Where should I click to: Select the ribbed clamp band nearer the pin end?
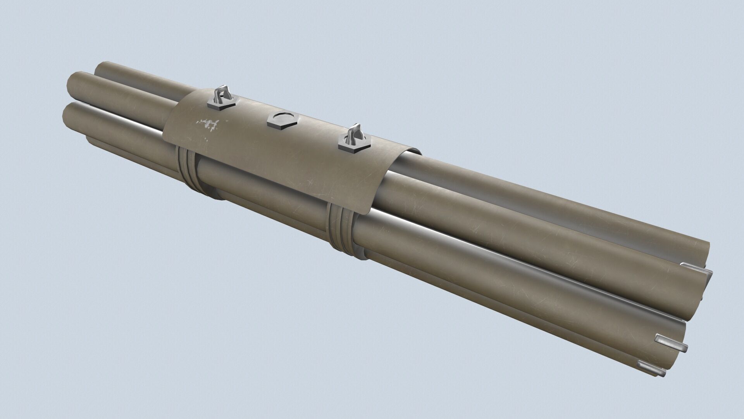pyautogui.click(x=340, y=231)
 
